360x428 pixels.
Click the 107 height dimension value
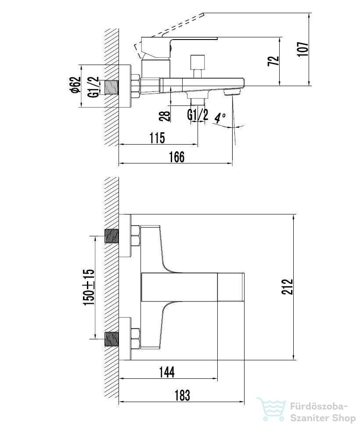[x=303, y=49]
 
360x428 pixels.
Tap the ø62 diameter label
[x=76, y=85]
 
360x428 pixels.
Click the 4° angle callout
[x=220, y=118]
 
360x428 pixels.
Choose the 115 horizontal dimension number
[x=157, y=138]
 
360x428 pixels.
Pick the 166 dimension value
[x=177, y=157]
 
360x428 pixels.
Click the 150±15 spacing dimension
[x=89, y=287]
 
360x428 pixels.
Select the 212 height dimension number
[x=287, y=287]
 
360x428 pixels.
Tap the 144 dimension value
[x=167, y=372]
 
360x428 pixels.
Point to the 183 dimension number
[x=182, y=395]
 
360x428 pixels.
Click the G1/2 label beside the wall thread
[x=93, y=87]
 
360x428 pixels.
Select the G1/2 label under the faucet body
[x=198, y=115]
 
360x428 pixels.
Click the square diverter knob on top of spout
[x=198, y=62]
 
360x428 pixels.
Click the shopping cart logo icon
[x=271, y=409]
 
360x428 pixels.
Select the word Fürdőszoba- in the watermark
[x=319, y=407]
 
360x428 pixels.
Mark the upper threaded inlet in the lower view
[x=112, y=236]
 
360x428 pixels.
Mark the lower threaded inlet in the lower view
[x=112, y=339]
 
